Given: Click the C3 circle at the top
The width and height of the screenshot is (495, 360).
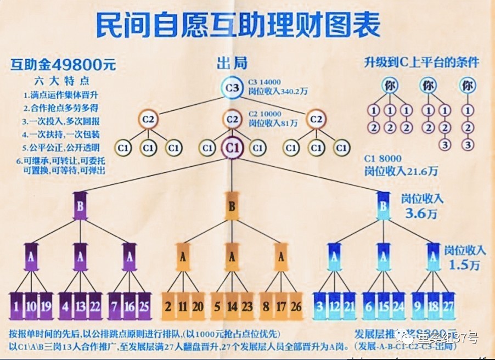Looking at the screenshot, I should click(x=232, y=88).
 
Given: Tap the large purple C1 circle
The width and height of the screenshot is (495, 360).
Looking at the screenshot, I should click(x=232, y=148).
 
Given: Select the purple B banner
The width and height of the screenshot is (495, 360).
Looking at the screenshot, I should click(x=80, y=207).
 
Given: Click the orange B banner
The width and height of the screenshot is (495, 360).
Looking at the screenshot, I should click(x=232, y=207).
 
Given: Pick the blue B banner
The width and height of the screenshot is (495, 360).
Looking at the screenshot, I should click(x=383, y=207).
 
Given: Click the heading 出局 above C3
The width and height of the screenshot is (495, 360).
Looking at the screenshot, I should click(x=232, y=64).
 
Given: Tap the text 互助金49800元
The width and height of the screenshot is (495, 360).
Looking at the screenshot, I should click(x=64, y=65).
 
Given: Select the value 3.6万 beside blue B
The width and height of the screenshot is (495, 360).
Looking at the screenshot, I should click(x=422, y=213).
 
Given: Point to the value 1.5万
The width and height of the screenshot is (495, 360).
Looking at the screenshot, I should click(x=464, y=265).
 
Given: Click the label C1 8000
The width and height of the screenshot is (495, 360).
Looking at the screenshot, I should click(x=385, y=159).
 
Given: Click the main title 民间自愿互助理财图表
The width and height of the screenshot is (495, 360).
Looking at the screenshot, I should click(x=238, y=25).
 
